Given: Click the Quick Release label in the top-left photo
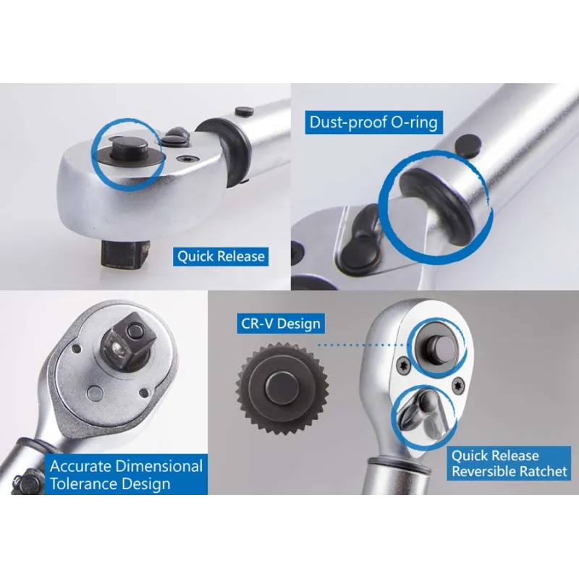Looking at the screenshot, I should pyautogui.click(x=221, y=256).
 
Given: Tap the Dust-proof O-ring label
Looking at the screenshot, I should pyautogui.click(x=373, y=121).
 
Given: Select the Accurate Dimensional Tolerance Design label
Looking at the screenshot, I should pyautogui.click(x=126, y=475).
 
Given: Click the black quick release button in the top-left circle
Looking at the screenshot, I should pyautogui.click(x=128, y=152).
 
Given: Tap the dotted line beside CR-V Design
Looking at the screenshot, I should pyautogui.click(x=362, y=345).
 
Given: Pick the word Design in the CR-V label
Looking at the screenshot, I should pyautogui.click(x=297, y=323).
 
